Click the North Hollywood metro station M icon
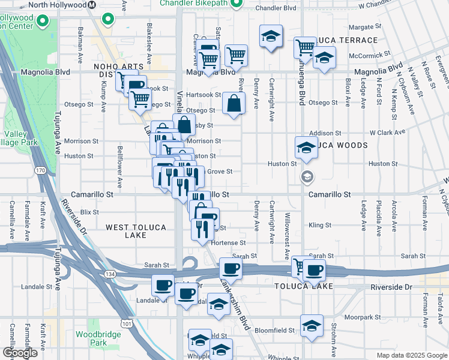pyautogui.click(x=92, y=5)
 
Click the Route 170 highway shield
pyautogui.click(x=40, y=171)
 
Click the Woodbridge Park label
pyautogui.click(x=91, y=338)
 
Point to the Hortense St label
pyautogui.click(x=231, y=243)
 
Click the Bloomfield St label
pyautogui.click(x=274, y=330)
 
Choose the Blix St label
pyautogui.click(x=89, y=212)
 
